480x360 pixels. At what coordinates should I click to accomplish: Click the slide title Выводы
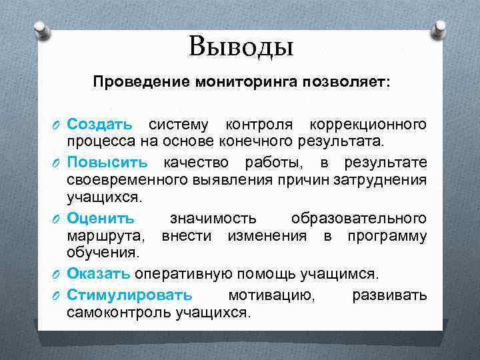241,47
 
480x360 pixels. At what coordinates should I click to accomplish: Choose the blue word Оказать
99,274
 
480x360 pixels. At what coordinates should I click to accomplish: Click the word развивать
389,295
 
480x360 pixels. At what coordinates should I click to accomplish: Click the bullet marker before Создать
55,125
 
